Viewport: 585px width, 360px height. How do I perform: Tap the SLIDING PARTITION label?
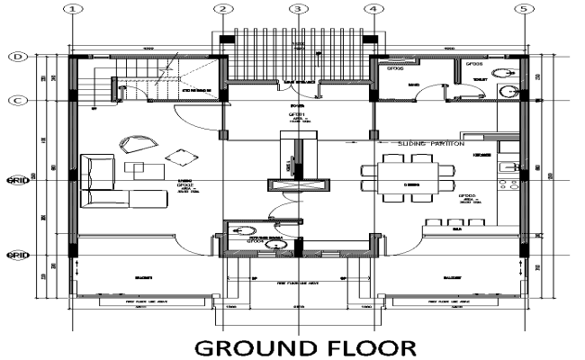431,143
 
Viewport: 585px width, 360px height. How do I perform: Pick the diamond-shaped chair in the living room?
184,157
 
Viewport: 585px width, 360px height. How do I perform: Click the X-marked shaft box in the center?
296,185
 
